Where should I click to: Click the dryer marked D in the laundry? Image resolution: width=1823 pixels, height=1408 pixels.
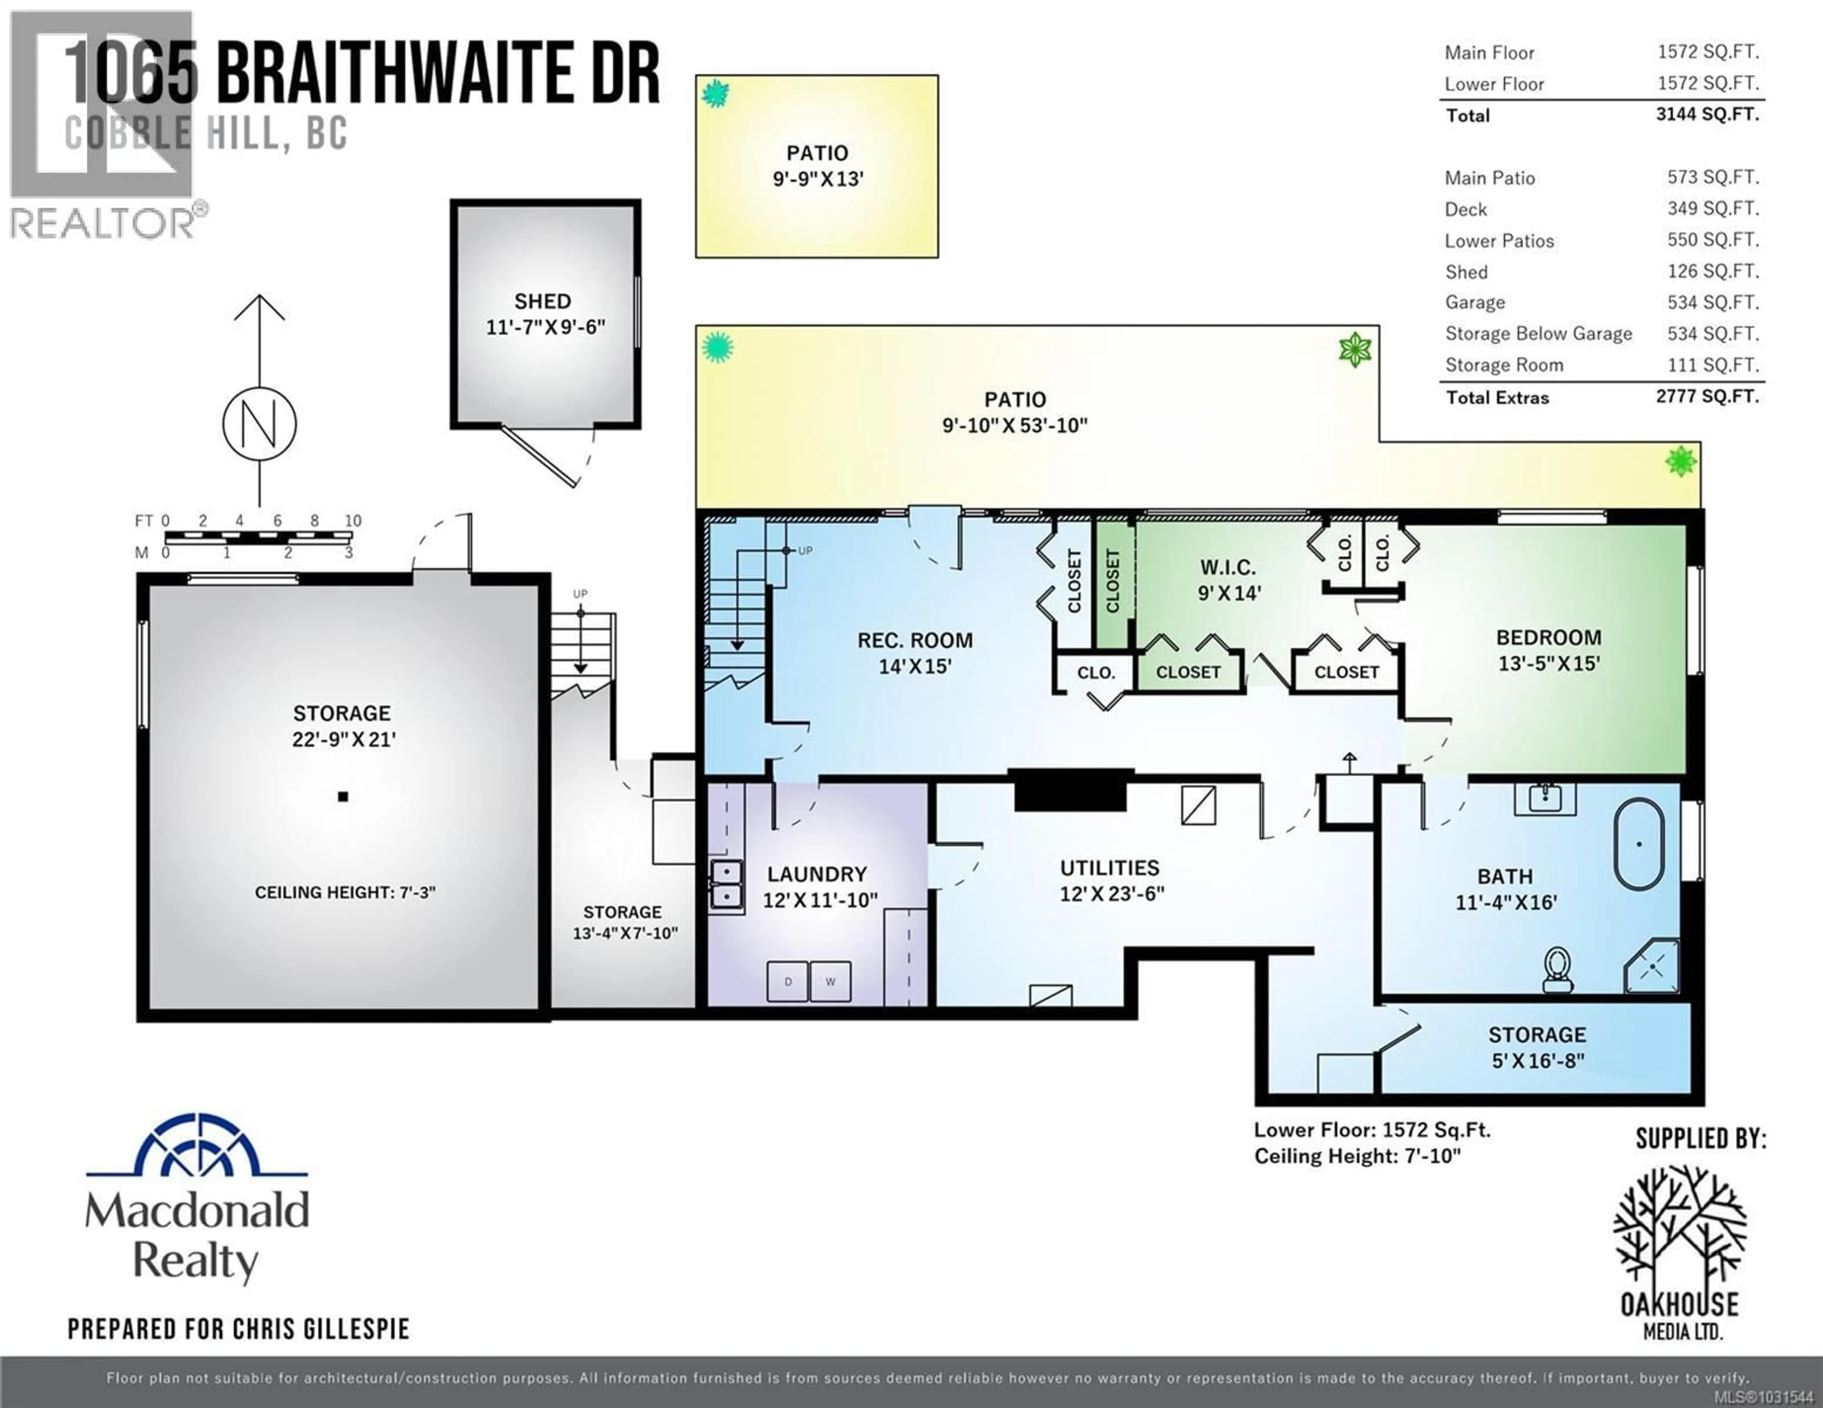(788, 981)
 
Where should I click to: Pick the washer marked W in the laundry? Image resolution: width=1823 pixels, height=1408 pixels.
(830, 981)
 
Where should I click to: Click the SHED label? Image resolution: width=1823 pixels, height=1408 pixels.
(543, 301)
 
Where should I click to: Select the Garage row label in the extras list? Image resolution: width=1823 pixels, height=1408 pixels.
(1475, 302)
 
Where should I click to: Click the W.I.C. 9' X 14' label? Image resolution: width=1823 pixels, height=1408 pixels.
(1228, 580)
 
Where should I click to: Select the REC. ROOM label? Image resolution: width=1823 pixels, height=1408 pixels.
(915, 640)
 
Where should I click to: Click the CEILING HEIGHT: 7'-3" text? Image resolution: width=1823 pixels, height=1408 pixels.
(345, 892)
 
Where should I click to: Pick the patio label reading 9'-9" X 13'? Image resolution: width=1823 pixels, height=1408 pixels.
(817, 166)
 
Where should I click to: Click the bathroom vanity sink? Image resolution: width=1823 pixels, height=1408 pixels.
(1545, 798)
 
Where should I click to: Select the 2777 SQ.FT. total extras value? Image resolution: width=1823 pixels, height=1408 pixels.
(1707, 396)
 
